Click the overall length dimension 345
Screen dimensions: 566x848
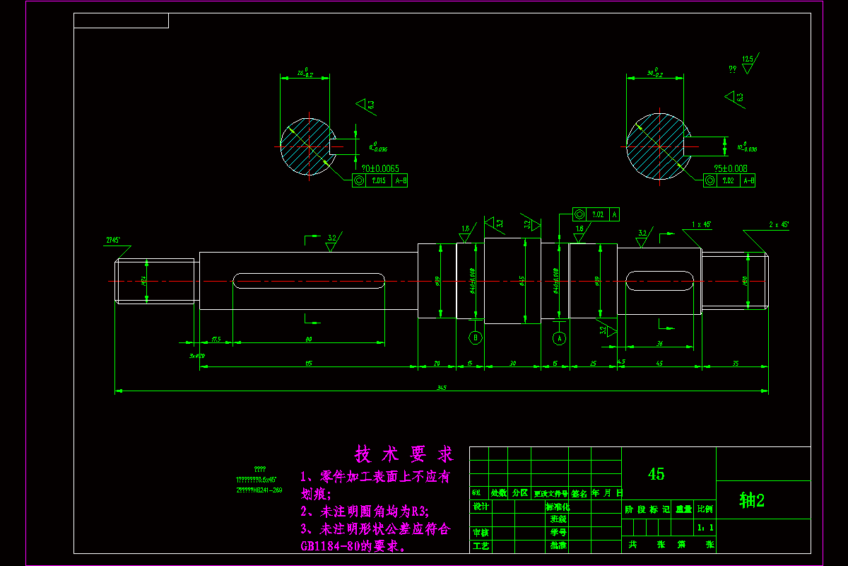pos(442,388)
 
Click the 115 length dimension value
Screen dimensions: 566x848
pos(309,364)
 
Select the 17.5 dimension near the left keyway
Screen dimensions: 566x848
pos(216,340)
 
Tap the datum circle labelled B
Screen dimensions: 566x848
pos(476,337)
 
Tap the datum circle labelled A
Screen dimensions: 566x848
pos(559,337)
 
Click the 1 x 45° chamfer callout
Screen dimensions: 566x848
pos(701,224)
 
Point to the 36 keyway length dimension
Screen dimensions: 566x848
pos(659,344)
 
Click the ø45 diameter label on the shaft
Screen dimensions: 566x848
pos(522,281)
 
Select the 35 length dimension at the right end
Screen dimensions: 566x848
pos(735,364)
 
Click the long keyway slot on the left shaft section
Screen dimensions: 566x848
pos(309,281)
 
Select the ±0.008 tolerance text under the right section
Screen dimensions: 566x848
pos(731,168)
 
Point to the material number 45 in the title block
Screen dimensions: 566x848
pos(656,474)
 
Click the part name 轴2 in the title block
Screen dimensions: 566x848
pos(752,501)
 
